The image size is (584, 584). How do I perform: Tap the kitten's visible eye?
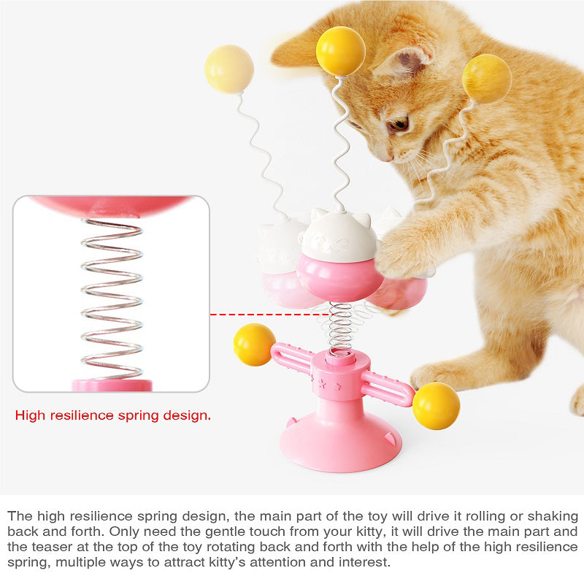point(398,125)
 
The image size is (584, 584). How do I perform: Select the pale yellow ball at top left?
point(229,69)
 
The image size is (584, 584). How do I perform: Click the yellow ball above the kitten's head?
point(340,50)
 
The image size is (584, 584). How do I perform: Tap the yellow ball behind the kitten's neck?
point(486,78)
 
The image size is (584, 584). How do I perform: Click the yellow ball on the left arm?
point(254,345)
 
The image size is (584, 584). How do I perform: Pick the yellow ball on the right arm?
point(436,405)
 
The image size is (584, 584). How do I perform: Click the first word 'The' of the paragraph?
point(20,515)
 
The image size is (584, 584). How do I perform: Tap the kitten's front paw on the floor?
point(438,376)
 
